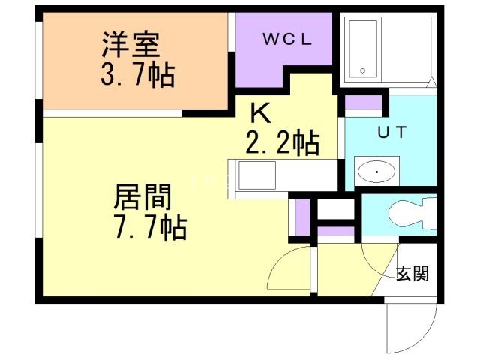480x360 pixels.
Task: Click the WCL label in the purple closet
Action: click(287, 39)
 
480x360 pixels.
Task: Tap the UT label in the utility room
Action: click(391, 132)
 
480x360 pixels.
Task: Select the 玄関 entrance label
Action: click(412, 273)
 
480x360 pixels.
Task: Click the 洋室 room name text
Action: click(130, 45)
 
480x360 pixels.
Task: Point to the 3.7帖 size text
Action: click(138, 74)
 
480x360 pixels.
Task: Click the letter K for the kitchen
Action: click(260, 112)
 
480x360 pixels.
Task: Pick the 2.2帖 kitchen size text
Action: click(283, 142)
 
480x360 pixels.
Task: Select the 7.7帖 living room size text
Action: click(150, 227)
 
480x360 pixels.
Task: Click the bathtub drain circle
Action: click(363, 71)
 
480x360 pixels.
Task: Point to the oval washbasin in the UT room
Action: click(376, 172)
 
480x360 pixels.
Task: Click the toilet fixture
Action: click(412, 214)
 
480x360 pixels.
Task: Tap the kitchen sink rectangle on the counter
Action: click(257, 175)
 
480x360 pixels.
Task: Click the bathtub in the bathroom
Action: click(363, 49)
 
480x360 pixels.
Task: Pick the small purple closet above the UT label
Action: click(363, 103)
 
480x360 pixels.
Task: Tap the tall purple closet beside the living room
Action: click(302, 217)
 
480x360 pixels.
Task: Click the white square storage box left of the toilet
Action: click(336, 208)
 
